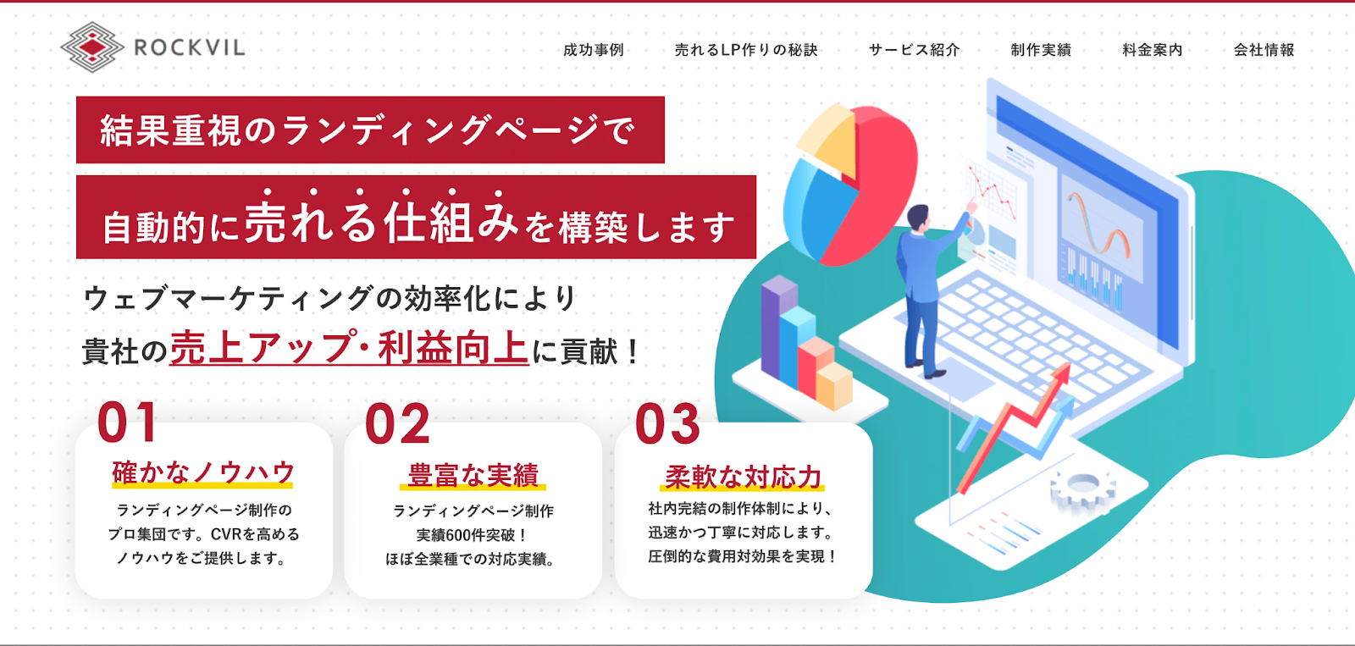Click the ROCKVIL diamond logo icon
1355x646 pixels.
click(92, 47)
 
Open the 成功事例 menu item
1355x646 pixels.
click(594, 50)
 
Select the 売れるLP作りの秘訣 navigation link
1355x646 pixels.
click(746, 50)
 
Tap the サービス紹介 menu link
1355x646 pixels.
click(914, 50)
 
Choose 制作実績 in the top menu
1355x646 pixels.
click(1041, 50)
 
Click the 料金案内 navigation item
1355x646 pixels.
click(1153, 50)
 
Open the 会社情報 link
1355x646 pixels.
click(1264, 50)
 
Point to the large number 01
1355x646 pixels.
click(127, 422)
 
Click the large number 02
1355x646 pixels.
click(397, 424)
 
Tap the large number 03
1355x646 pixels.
click(667, 424)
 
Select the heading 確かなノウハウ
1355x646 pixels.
click(202, 472)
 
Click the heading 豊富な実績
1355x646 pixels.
click(473, 475)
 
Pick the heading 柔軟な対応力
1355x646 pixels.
click(742, 477)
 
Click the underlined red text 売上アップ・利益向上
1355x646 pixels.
click(349, 348)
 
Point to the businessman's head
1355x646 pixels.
click(918, 217)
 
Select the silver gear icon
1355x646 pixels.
click(1082, 488)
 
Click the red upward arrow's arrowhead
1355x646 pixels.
click(1060, 376)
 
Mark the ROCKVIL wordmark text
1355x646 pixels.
click(190, 47)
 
